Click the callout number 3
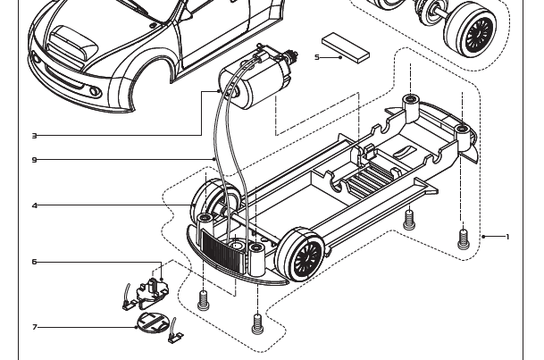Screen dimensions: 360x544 coord(34,136)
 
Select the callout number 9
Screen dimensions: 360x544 coord(34,160)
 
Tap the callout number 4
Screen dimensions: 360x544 coord(34,205)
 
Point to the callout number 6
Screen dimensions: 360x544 coord(34,262)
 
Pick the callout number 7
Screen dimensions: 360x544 coord(34,327)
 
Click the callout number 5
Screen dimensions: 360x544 coord(317,57)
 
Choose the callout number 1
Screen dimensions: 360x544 coord(507,237)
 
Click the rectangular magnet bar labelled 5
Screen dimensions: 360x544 coord(346,46)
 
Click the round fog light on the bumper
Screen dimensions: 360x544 coord(95,92)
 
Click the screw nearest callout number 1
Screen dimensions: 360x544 coord(463,238)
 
